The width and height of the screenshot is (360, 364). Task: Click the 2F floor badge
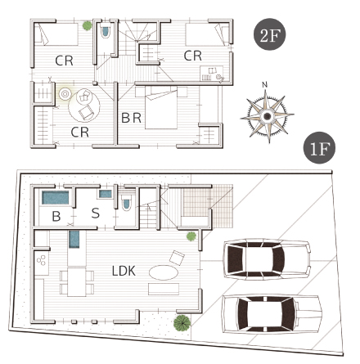pos(270,34)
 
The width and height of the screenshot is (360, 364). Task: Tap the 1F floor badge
pos(319,148)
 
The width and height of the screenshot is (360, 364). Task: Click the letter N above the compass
pos(264,85)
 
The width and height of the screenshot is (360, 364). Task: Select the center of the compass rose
pos(268,116)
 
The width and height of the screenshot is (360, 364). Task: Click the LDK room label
pos(124,271)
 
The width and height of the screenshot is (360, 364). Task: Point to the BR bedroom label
pos(131,118)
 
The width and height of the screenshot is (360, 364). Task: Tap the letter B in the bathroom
pos(56,216)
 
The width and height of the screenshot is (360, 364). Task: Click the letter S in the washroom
pos(96,213)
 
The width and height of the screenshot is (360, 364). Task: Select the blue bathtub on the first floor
pos(56,198)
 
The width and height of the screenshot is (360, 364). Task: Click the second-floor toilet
pos(106,32)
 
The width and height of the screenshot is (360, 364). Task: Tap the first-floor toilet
pos(126,202)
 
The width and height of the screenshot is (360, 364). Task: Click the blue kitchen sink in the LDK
pos(74,240)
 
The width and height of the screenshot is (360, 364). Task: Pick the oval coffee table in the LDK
pos(164,272)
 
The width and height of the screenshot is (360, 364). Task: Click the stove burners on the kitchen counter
pos(42,260)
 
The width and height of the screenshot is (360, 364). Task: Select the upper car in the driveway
pos(267,259)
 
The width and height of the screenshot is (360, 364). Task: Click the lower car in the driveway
pos(272,314)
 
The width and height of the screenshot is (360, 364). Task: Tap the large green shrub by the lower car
pos(182,323)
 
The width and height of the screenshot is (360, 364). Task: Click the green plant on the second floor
pos(88,25)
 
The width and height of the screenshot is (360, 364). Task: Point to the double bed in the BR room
pos(161,108)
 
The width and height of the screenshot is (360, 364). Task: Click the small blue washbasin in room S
pos(106,194)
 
